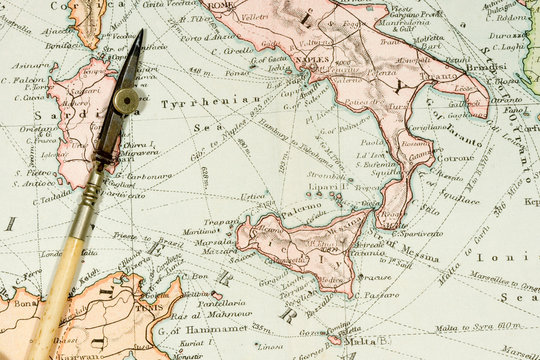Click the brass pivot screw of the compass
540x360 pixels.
click(x=127, y=100)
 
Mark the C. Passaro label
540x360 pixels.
click(x=379, y=295)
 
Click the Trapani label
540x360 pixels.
click(x=222, y=222)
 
